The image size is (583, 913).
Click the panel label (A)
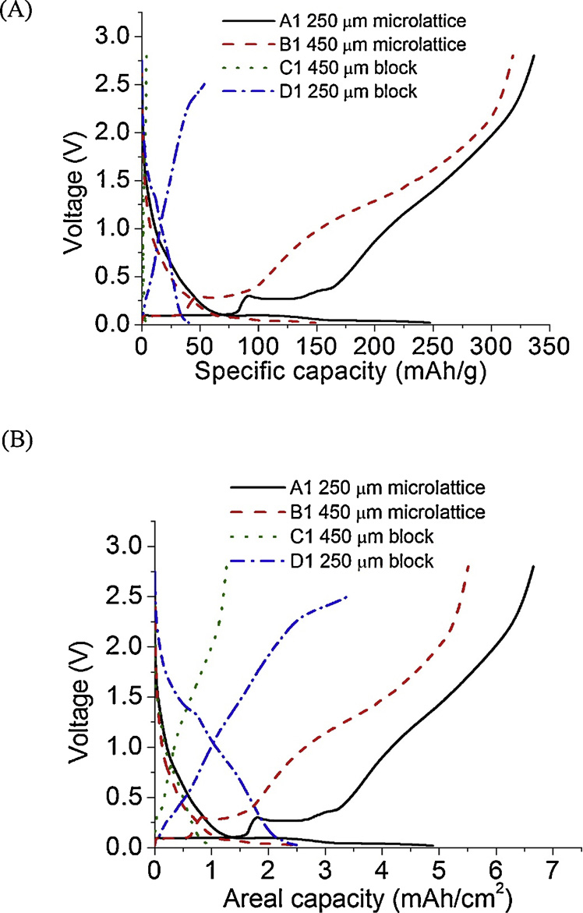point(15,14)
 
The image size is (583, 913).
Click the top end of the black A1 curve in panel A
point(534,55)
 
